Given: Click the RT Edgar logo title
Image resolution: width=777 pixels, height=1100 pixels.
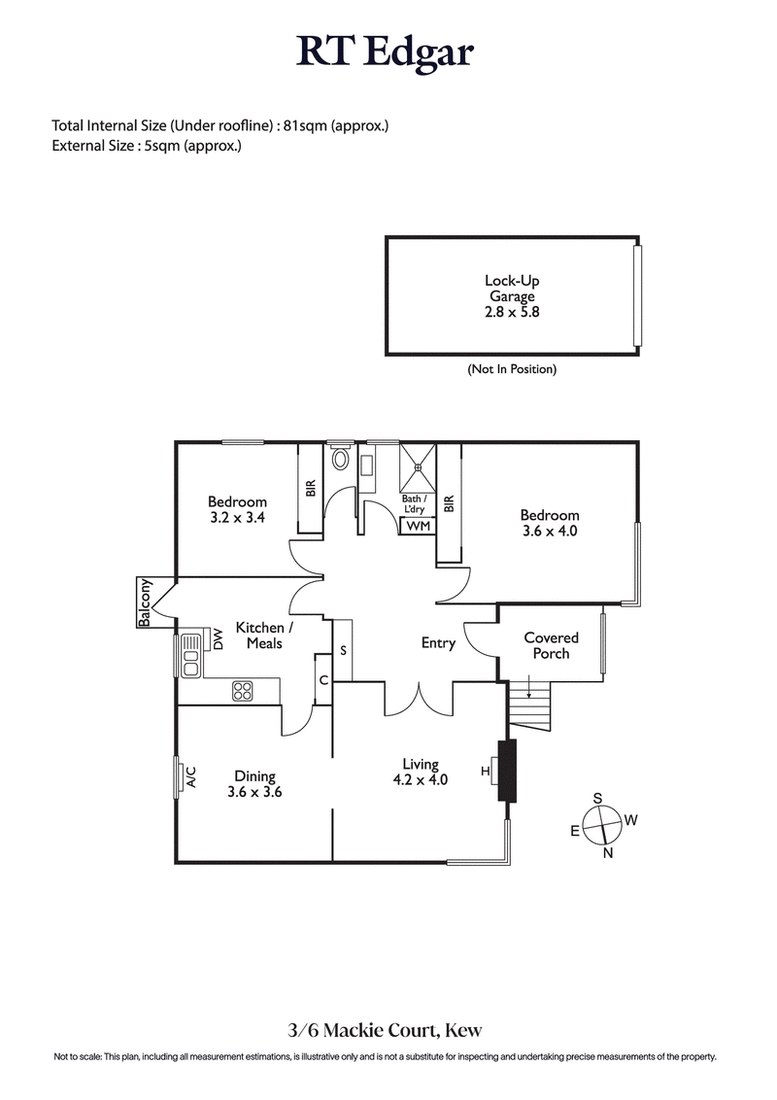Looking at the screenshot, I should click(x=386, y=52).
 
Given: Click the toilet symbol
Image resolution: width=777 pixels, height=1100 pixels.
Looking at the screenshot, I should click(x=340, y=459).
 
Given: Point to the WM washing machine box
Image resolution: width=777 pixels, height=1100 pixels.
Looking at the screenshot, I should click(x=418, y=526).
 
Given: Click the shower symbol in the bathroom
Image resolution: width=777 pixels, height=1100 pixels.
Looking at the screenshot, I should click(x=418, y=467).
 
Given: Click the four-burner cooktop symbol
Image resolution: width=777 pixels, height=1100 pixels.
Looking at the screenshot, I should click(x=243, y=691).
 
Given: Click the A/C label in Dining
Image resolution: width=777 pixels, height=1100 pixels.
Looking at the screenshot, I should click(x=191, y=776).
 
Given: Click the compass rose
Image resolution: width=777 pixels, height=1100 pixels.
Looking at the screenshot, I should click(x=603, y=824).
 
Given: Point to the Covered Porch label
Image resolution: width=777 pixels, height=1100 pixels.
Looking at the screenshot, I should click(x=551, y=645).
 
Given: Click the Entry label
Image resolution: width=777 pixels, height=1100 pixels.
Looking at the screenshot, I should click(x=438, y=642).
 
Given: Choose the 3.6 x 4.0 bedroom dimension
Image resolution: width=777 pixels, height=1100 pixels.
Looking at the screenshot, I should click(x=550, y=532).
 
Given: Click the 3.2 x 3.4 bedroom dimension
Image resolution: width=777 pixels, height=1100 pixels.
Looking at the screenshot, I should click(x=237, y=518).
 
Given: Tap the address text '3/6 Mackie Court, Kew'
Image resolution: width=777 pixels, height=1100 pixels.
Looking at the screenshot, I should click(x=388, y=1030).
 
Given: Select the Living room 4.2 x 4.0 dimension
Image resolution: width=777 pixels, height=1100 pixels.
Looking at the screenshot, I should click(x=420, y=779).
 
